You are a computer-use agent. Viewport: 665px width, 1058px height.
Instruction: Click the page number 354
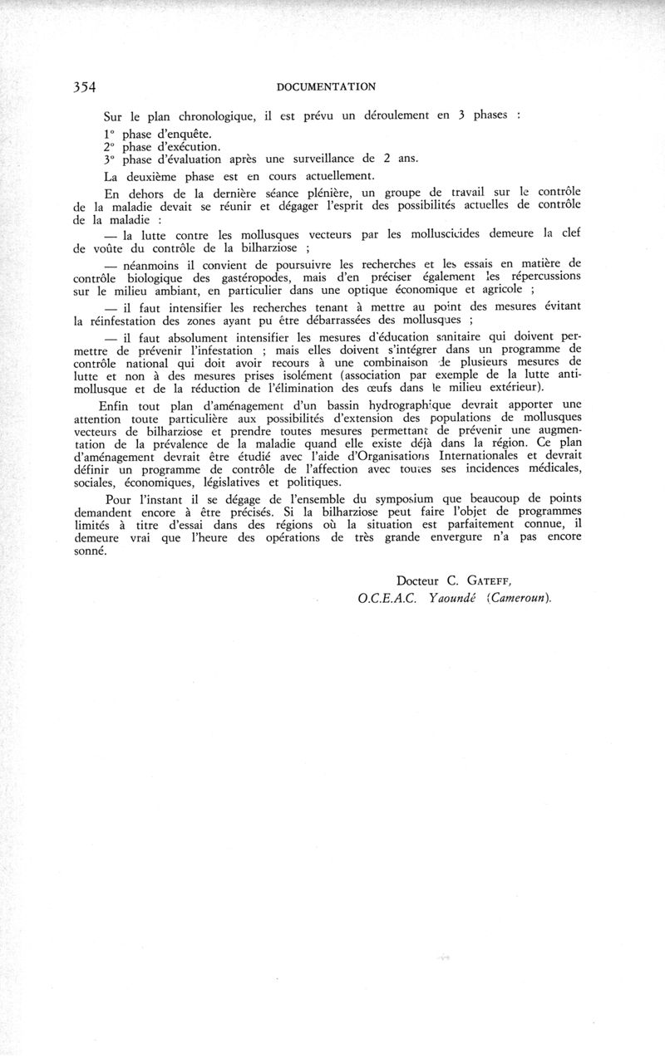coord(85,86)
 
